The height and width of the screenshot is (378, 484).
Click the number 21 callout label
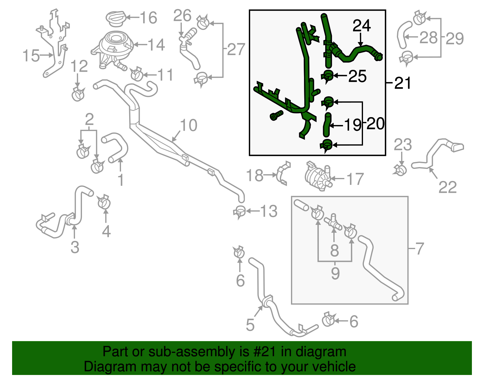point(403,83)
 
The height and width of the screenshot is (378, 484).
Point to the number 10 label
point(188,125)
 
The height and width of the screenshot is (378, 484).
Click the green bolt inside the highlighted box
point(276,116)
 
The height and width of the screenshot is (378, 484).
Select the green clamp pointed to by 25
point(328,75)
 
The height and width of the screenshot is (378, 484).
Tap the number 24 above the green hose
point(361,26)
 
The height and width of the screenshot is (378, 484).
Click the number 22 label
point(447,187)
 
